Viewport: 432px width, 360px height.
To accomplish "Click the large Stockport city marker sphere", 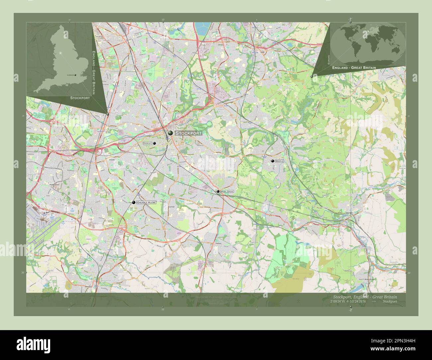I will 170,133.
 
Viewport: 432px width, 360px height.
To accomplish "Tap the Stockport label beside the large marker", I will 188,133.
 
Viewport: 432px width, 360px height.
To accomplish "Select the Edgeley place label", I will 147,143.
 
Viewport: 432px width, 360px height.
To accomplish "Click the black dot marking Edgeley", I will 155,143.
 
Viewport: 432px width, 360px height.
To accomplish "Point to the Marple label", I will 279,161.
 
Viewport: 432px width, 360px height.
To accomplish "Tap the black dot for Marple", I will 273,161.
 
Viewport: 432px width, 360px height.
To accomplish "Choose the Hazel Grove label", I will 228,192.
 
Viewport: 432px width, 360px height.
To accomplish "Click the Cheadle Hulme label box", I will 146,202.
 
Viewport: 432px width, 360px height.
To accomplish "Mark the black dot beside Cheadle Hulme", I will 134,202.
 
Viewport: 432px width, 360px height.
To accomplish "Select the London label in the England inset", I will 70,75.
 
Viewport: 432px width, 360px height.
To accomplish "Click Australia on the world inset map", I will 395,50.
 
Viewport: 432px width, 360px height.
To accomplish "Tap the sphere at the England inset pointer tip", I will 108,114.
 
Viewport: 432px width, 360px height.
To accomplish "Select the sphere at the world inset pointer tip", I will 311,76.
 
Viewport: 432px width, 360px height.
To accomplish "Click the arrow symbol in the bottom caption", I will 374,302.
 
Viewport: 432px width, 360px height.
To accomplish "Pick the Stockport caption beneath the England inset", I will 80,98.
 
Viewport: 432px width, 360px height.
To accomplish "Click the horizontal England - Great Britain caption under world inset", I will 354,68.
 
